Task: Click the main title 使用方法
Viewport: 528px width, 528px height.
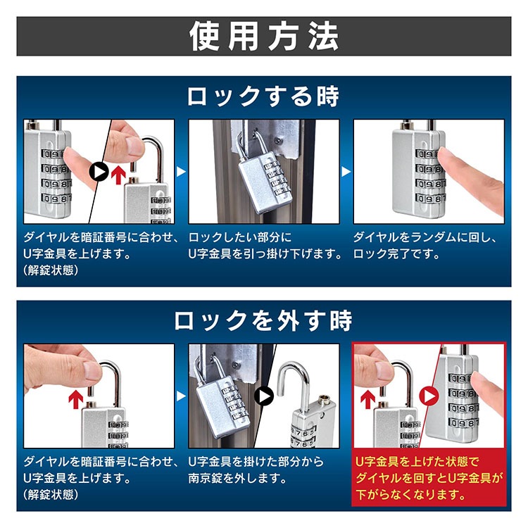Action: [x=264, y=37]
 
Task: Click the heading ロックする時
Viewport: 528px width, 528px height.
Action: [x=263, y=96]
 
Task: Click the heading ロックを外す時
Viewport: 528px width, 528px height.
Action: [x=263, y=320]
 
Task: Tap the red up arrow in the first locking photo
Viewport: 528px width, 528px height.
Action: [x=118, y=175]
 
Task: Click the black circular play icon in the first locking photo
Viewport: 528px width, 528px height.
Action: [x=99, y=172]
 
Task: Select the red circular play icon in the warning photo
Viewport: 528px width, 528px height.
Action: [x=429, y=396]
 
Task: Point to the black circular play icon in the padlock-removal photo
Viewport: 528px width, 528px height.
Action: [x=264, y=396]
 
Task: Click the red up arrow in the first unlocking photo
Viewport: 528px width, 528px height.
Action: [x=76, y=400]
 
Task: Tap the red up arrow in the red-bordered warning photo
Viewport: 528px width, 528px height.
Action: [x=367, y=400]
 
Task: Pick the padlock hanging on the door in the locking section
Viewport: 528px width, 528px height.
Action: [x=265, y=180]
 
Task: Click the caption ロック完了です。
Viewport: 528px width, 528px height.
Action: [x=396, y=254]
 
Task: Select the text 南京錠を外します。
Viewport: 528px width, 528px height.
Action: [x=237, y=478]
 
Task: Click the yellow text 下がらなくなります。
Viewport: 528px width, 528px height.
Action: [x=411, y=494]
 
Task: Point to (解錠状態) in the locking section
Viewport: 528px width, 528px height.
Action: [x=51, y=270]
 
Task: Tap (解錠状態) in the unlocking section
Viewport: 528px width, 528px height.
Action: [x=51, y=494]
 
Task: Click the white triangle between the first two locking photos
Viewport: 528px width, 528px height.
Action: [x=182, y=172]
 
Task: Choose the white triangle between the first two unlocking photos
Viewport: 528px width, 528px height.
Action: [x=182, y=396]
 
